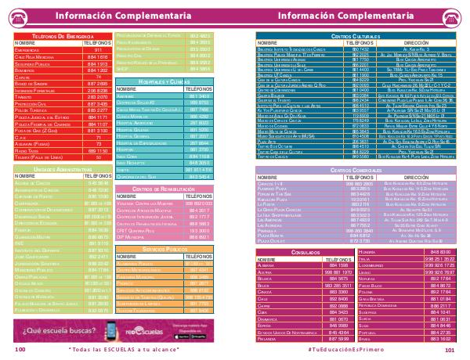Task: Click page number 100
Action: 20,351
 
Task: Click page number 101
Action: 450,351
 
